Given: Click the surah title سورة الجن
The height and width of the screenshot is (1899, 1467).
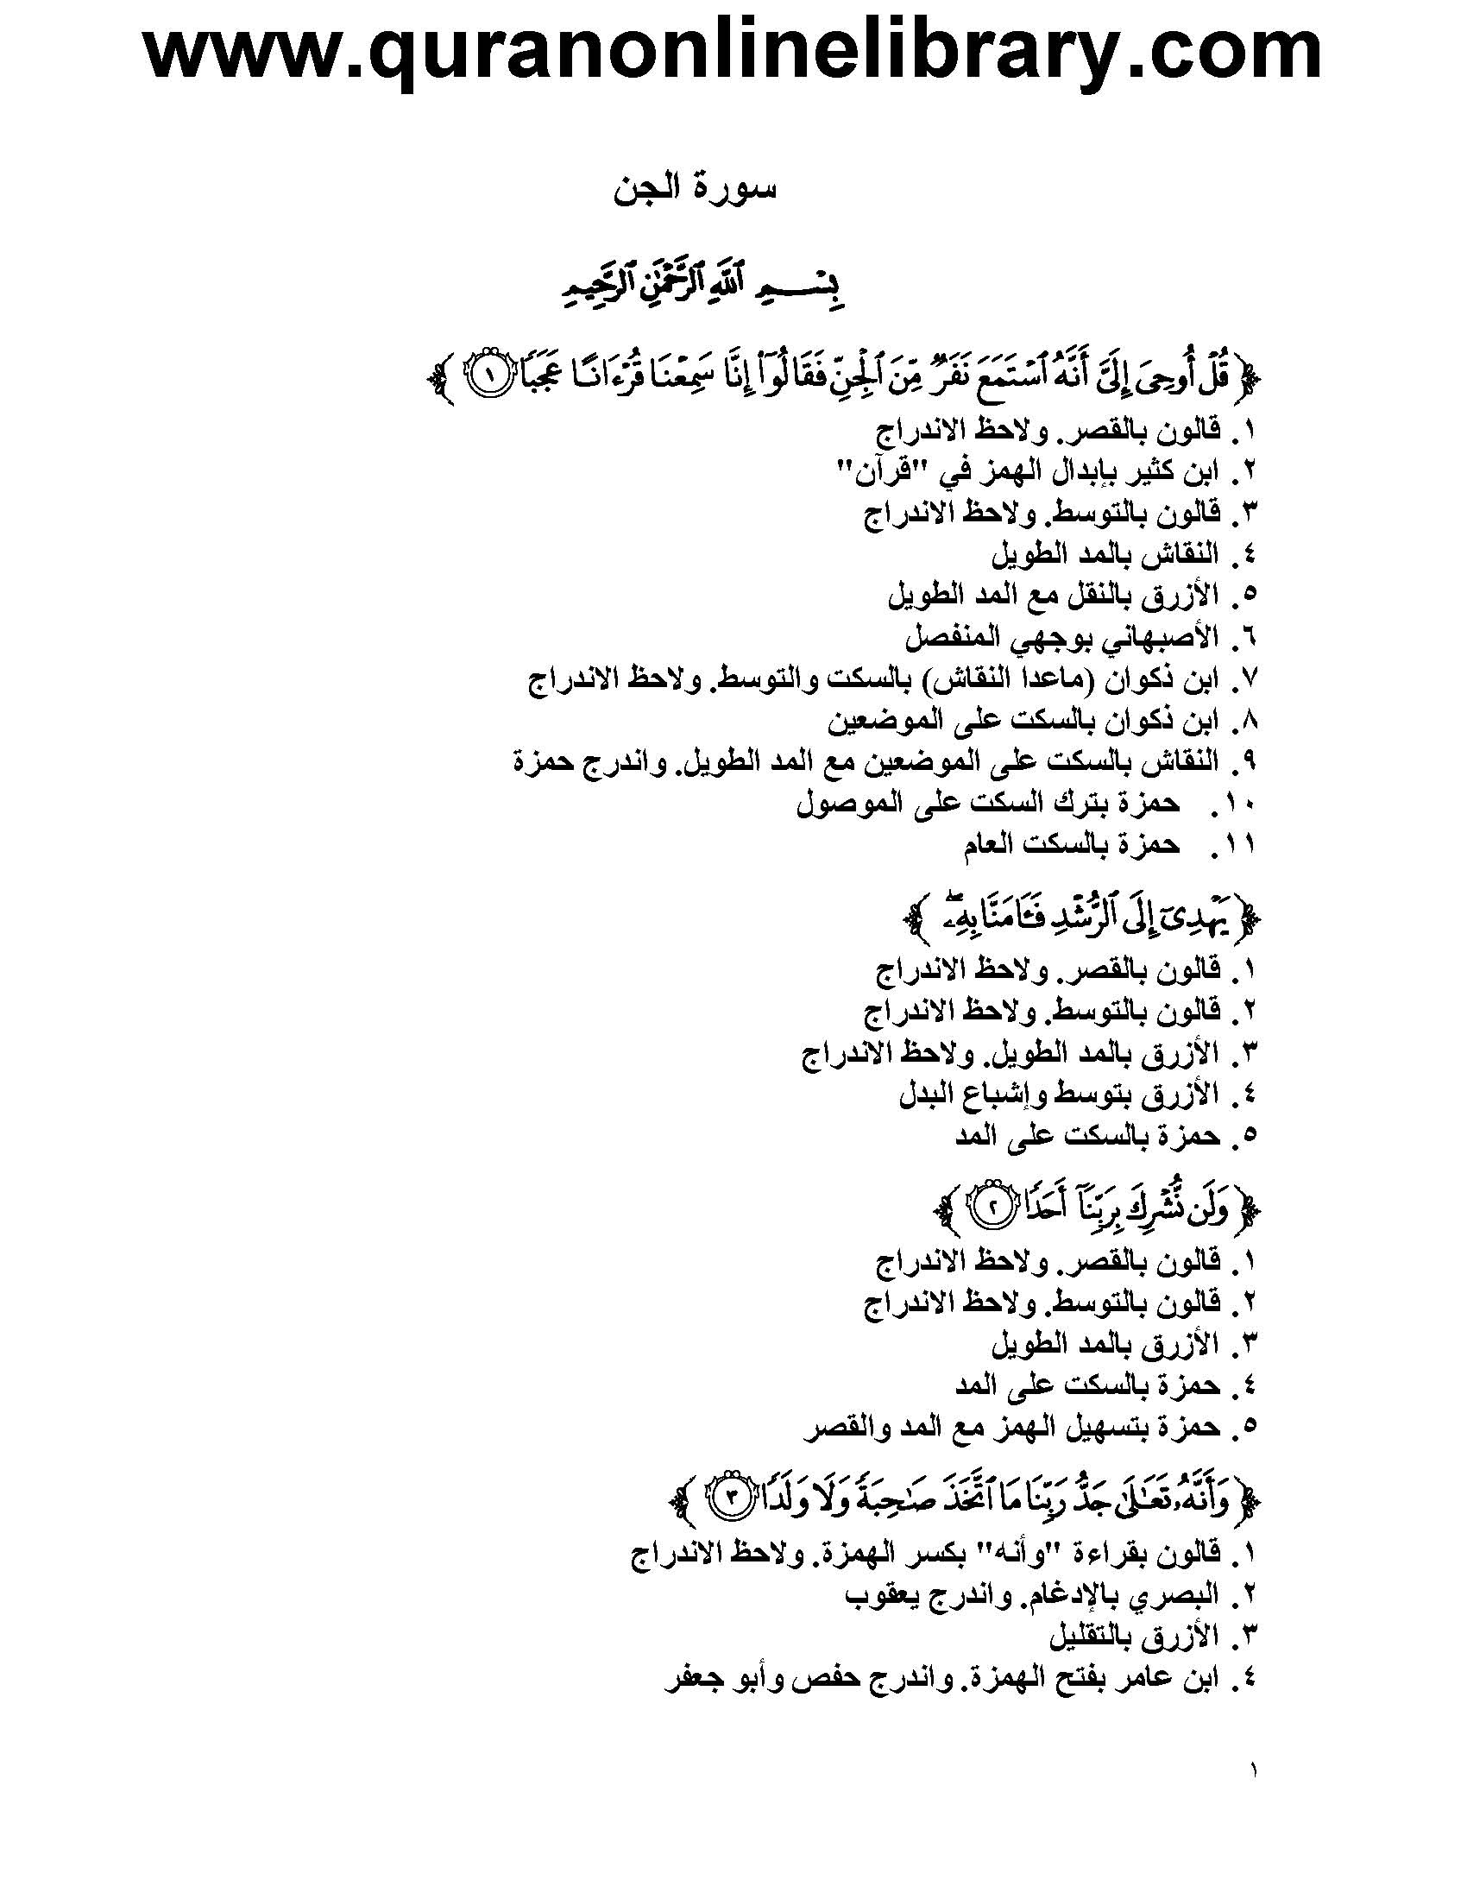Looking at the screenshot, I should (694, 190).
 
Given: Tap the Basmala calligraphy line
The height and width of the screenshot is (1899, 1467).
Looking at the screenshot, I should (702, 292).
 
